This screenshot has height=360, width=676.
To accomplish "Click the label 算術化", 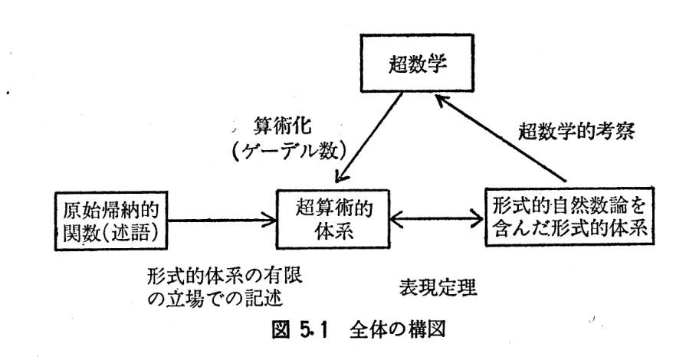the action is [x=282, y=126].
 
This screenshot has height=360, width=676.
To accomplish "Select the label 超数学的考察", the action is [x=576, y=131].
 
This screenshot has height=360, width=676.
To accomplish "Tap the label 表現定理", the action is [x=438, y=288].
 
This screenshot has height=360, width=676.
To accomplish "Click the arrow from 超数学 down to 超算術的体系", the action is [x=369, y=137].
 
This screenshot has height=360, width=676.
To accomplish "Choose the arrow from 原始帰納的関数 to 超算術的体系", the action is [x=222, y=221].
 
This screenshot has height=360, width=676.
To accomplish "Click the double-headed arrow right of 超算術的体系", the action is [x=437, y=218].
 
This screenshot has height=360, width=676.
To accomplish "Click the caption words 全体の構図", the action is [x=397, y=330].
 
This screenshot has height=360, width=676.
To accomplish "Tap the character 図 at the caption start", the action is [x=281, y=330].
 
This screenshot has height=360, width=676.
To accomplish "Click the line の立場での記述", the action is [x=215, y=297].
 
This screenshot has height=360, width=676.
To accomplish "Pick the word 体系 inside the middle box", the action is [x=333, y=231].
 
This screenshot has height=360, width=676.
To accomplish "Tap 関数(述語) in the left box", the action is [x=110, y=234].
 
